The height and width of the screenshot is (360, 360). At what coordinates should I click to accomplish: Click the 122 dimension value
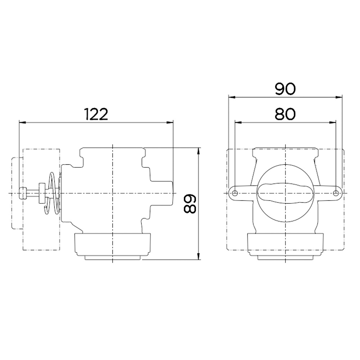[x=96, y=114]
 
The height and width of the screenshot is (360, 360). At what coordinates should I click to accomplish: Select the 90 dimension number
[x=285, y=89]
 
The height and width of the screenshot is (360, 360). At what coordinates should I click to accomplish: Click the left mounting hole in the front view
[x=235, y=193]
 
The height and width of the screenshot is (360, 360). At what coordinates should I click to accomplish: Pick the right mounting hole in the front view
[x=336, y=193]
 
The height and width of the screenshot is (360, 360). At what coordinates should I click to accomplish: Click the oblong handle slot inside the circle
[x=285, y=193]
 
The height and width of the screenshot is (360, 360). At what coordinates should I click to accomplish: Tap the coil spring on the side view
[x=52, y=193]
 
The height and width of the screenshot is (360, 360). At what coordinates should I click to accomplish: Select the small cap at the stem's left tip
[x=23, y=193]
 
